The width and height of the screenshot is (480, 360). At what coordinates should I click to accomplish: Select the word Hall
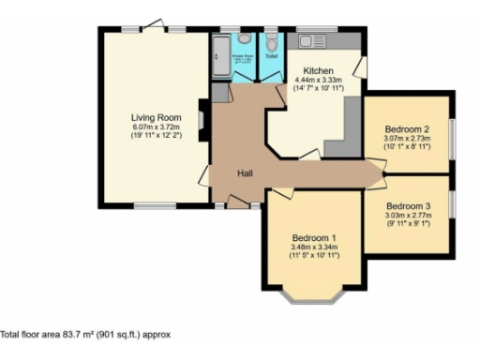(244, 173)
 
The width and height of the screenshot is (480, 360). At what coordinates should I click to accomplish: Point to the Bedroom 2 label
(407, 129)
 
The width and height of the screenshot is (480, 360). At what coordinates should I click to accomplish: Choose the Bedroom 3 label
(408, 206)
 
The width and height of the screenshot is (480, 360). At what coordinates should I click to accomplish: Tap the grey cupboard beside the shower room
(220, 92)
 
